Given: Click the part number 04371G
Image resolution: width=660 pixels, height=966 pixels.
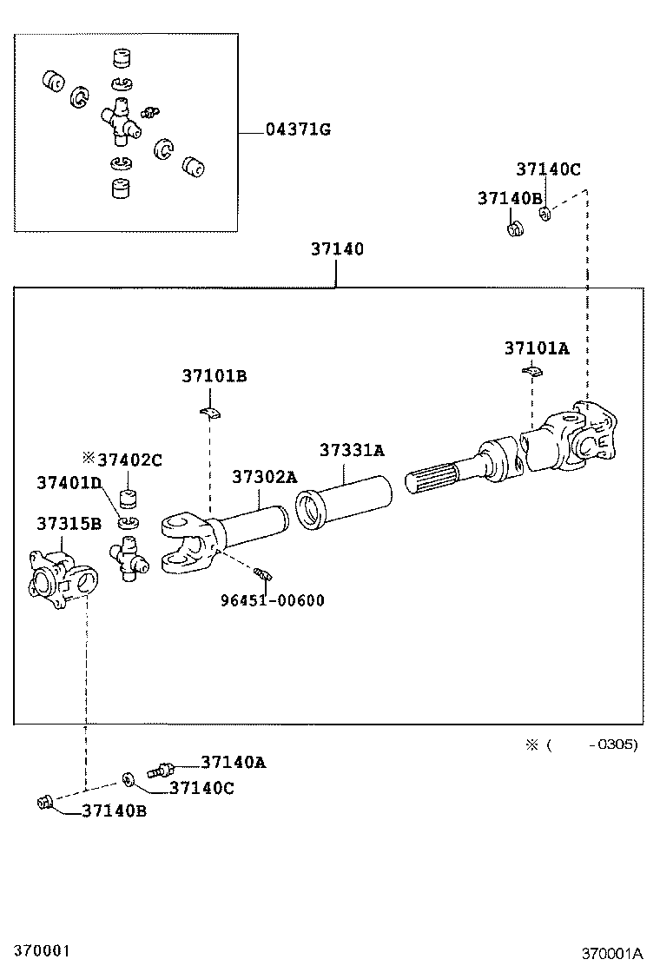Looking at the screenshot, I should pos(297,130).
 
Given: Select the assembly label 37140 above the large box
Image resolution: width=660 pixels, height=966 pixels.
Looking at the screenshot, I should pos(337,249).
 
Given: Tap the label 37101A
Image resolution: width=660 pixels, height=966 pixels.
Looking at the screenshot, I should pos(537,348).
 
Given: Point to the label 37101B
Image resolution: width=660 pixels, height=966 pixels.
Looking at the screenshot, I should pos(214,376).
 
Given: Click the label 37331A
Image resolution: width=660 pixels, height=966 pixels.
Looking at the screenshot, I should pos(352,450).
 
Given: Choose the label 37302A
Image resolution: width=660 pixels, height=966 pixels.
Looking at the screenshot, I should pos(264,477).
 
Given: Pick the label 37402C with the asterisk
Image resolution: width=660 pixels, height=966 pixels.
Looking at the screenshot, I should pos(122,460).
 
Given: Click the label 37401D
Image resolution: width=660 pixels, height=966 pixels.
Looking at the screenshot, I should pos(69,482).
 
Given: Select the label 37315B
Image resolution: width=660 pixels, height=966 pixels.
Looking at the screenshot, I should pos(69,523).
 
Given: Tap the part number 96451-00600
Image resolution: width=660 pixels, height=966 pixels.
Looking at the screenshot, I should pos(273,600).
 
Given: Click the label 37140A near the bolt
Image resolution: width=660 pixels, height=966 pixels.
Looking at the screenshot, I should pos(233,762).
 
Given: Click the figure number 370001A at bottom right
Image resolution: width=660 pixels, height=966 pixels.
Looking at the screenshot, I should pos(612,953).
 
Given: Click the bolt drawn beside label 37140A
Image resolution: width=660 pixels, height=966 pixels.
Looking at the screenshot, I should pos(162,768).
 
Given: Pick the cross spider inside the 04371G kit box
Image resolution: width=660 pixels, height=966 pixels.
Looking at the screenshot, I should pos(119,122).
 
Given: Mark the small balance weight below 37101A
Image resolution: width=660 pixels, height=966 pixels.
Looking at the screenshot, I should pos(531,373).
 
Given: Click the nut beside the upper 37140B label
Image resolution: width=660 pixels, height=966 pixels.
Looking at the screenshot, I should pos(513,229).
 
